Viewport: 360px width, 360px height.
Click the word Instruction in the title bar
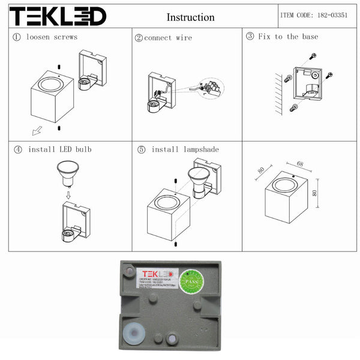(x=190, y=17)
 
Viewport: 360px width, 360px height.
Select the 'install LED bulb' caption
(x=60, y=149)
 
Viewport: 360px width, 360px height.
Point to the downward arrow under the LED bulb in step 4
(x=68, y=194)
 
